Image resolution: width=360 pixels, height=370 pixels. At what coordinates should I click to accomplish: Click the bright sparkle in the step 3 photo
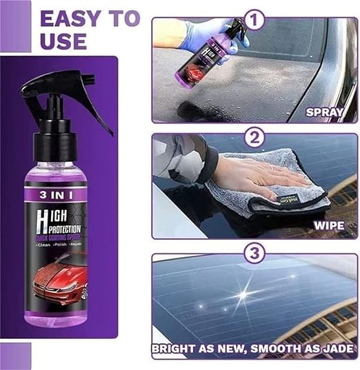pyautogui.click(x=242, y=294)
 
